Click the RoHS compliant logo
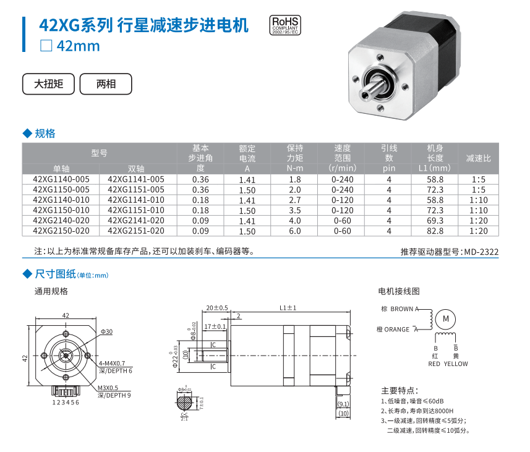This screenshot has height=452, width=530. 285,25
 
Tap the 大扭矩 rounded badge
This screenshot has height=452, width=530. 48,84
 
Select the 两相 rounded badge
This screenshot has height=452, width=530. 106,84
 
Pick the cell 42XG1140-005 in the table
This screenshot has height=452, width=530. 61,179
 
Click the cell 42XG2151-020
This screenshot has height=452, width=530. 136,231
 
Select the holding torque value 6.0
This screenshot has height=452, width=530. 295,231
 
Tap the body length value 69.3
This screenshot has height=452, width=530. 435,221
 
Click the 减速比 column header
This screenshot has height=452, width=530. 478,158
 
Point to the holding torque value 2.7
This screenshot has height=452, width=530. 295,200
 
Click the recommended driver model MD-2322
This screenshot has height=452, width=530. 481,252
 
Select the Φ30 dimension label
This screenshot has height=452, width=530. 106,331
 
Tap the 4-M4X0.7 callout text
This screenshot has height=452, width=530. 112,364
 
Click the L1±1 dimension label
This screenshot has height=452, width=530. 288,308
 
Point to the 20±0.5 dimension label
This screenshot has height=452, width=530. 217,308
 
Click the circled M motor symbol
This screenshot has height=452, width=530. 446,319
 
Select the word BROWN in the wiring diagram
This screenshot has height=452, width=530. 401,309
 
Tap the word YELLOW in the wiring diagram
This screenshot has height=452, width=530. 456,364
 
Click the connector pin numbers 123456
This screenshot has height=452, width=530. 66,403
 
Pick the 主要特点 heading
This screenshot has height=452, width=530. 400,391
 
